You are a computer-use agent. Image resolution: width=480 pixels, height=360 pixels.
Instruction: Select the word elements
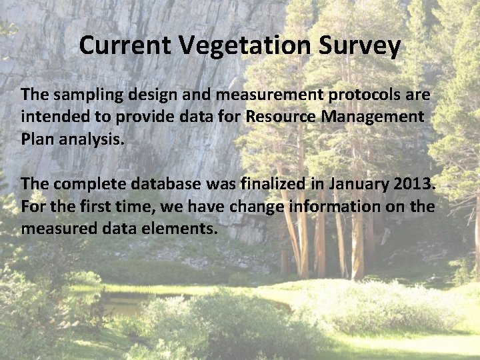coord(182,228)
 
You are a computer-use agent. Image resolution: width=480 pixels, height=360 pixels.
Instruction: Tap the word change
coord(253,206)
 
